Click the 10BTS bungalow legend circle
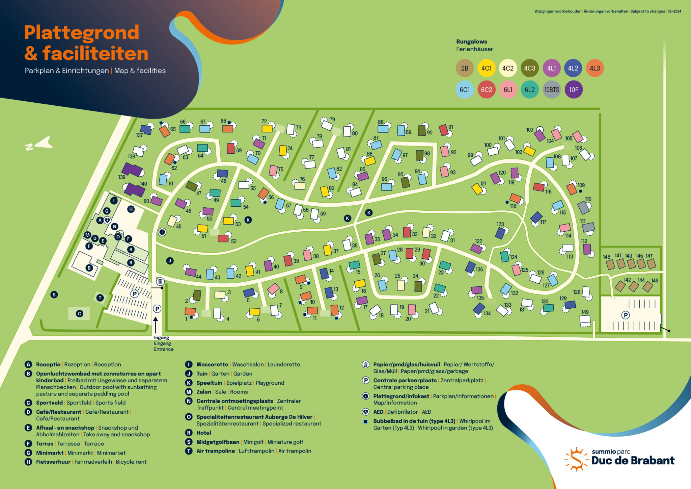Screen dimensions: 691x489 click(552, 89)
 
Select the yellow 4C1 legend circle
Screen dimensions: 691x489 click(486, 68)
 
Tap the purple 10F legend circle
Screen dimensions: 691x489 click(574, 89)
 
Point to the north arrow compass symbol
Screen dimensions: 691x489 click(39, 144)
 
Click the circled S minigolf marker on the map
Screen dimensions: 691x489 click(54, 294)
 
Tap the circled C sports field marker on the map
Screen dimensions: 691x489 click(80, 313)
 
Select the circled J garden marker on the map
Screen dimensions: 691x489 click(170, 261)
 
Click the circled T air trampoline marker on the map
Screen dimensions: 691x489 click(100, 298)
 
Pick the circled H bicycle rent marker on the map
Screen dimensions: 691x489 click(131, 209)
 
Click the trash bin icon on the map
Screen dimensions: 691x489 click(160, 281)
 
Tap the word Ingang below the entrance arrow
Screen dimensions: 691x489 click(162, 337)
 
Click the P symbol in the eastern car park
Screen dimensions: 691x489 click(626, 315)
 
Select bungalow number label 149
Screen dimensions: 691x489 click(585, 312)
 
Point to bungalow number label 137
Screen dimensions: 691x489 click(139, 135)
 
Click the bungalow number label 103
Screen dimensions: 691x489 click(530, 130)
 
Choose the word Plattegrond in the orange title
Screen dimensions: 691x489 click(82, 33)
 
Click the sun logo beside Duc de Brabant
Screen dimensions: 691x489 click(575, 459)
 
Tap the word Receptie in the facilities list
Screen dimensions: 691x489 click(48, 364)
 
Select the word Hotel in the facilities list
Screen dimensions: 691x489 click(204, 433)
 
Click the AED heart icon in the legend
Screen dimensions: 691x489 click(365, 412)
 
